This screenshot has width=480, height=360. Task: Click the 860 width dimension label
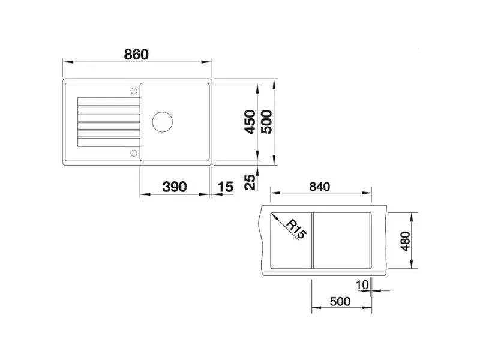[x=136, y=55]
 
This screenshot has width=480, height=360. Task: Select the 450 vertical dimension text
[x=250, y=122]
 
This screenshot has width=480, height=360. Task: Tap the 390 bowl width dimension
[x=175, y=187]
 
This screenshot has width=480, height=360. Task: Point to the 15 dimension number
[x=226, y=187]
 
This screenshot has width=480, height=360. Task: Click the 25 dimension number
[x=250, y=182]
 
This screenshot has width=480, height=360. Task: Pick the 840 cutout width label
[x=320, y=187]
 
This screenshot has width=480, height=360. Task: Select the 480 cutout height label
[x=406, y=241]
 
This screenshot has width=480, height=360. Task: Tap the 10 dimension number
[x=362, y=285]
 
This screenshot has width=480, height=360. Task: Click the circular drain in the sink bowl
[x=163, y=122]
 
